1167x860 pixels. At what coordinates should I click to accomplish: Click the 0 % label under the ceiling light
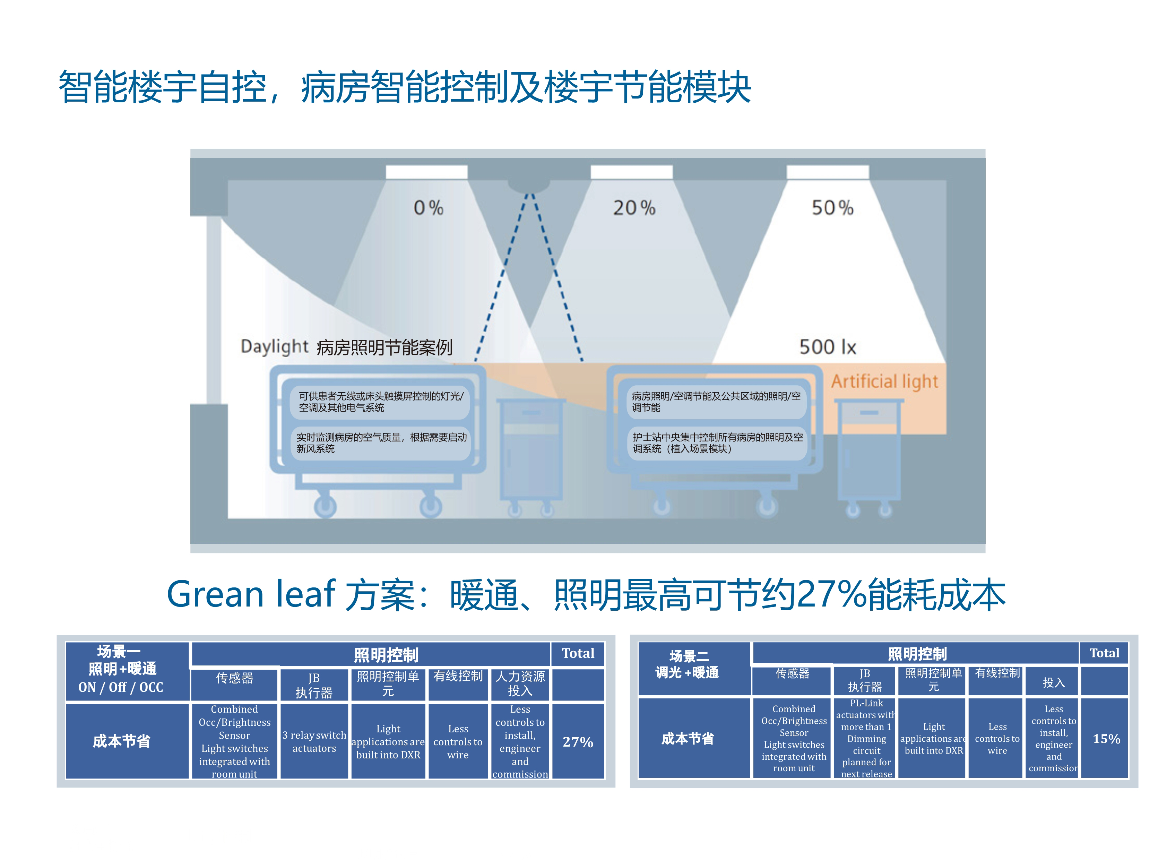tap(428, 208)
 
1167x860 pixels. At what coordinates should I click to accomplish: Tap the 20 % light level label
tap(633, 208)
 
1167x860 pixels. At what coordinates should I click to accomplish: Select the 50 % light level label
tap(832, 208)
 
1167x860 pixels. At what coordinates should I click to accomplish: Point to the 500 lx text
tap(827, 347)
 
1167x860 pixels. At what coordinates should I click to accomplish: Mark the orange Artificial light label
tap(884, 381)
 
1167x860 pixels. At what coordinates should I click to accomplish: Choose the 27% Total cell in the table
tap(578, 741)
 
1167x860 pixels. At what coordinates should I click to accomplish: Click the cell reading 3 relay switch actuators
tap(314, 741)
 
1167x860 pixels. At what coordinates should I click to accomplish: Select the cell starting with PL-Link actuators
tap(866, 738)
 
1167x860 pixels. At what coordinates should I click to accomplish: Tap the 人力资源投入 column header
tap(520, 683)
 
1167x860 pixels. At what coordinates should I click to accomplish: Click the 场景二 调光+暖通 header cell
tap(687, 665)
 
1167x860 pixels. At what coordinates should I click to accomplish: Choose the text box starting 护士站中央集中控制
tap(717, 443)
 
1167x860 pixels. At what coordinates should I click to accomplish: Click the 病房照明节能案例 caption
tap(384, 347)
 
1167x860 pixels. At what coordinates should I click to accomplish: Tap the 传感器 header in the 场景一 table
tap(234, 678)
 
